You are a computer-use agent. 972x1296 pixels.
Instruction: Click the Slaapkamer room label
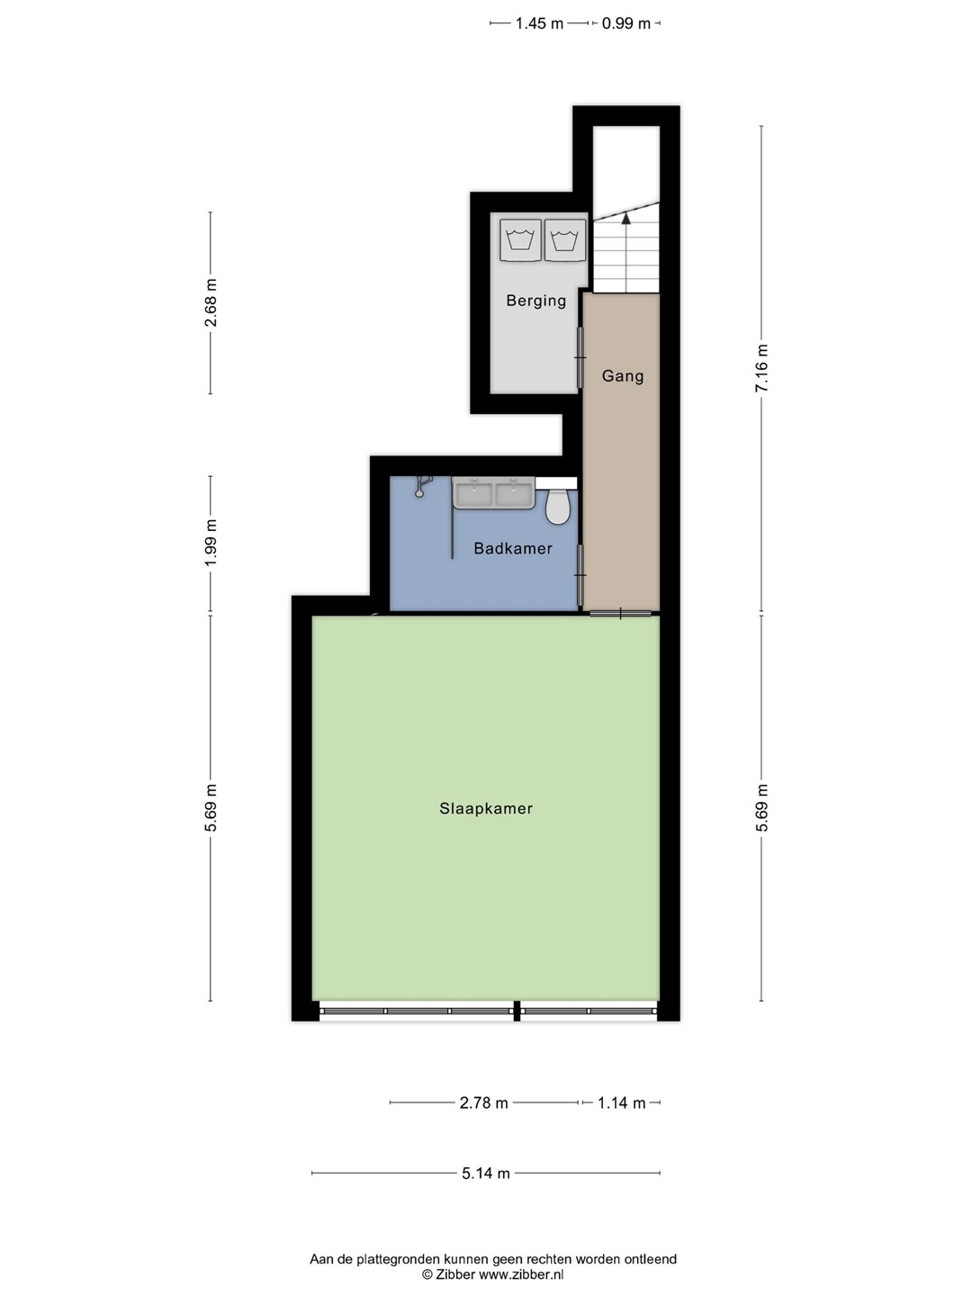[486, 808]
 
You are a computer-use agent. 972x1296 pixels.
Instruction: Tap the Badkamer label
[513, 548]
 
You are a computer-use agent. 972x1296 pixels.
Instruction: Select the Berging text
[535, 301]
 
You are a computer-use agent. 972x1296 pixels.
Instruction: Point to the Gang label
[623, 376]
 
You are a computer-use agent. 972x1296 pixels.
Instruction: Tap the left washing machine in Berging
[520, 240]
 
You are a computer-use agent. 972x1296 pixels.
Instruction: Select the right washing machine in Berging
[565, 240]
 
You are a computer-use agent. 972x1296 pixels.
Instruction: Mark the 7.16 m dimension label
[762, 367]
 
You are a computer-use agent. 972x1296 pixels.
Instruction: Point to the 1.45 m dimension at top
[539, 23]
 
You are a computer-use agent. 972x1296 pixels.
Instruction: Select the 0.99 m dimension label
[625, 23]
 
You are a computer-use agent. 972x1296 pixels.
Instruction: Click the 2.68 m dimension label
[211, 302]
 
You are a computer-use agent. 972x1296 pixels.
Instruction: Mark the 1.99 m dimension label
[211, 543]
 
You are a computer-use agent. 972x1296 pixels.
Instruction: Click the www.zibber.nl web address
[521, 1274]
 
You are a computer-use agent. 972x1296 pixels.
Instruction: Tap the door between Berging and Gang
[580, 357]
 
